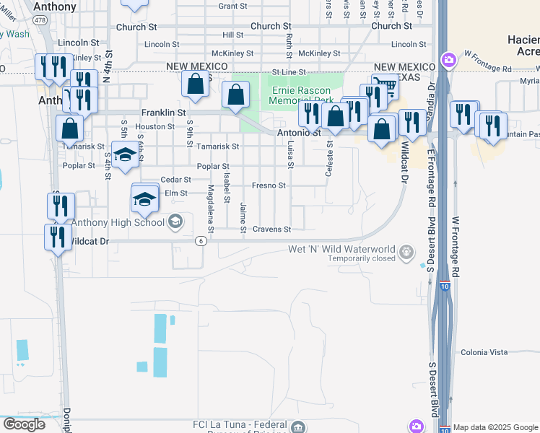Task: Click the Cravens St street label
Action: [x=271, y=229]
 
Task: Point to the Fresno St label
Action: [x=269, y=185]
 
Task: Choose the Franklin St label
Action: [x=163, y=113]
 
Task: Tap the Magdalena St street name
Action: [x=211, y=209]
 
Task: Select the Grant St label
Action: [x=232, y=6]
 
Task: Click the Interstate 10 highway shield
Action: [x=445, y=287]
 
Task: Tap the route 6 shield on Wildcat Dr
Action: [x=200, y=241]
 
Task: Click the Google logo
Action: [x=24, y=424]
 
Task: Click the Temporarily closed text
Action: [x=362, y=258]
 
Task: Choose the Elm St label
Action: [x=175, y=193]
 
